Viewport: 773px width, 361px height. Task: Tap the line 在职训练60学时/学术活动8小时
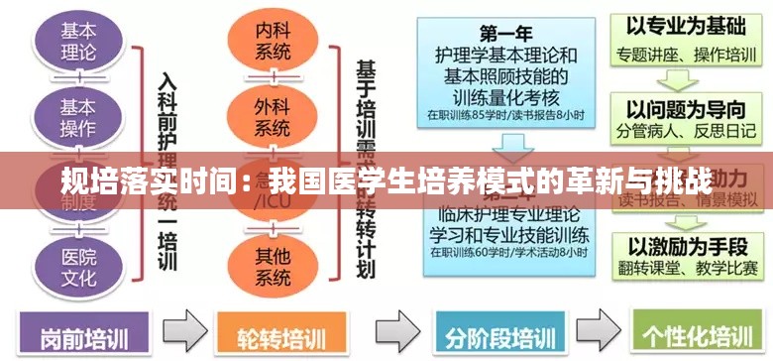[504, 255]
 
